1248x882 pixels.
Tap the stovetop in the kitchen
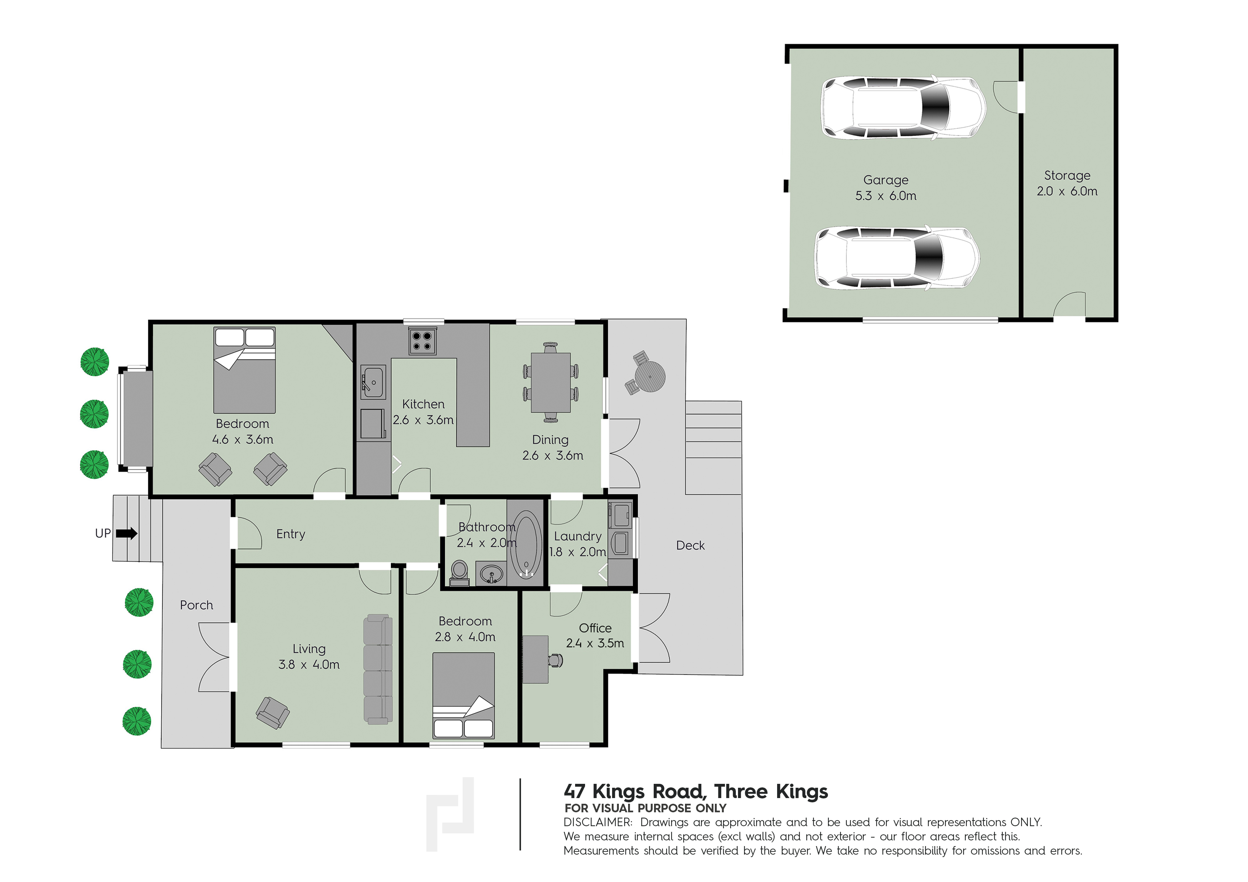click(x=422, y=341)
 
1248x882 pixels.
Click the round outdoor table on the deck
click(x=649, y=376)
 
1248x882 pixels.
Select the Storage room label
click(x=1067, y=176)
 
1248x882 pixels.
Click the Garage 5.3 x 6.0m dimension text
click(x=886, y=196)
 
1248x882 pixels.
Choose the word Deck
click(x=690, y=545)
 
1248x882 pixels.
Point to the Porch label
click(x=196, y=605)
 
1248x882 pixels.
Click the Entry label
click(x=291, y=534)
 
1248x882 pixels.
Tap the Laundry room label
click(x=578, y=536)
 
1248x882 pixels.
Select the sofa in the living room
click(x=378, y=670)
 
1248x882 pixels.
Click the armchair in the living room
click(x=273, y=712)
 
